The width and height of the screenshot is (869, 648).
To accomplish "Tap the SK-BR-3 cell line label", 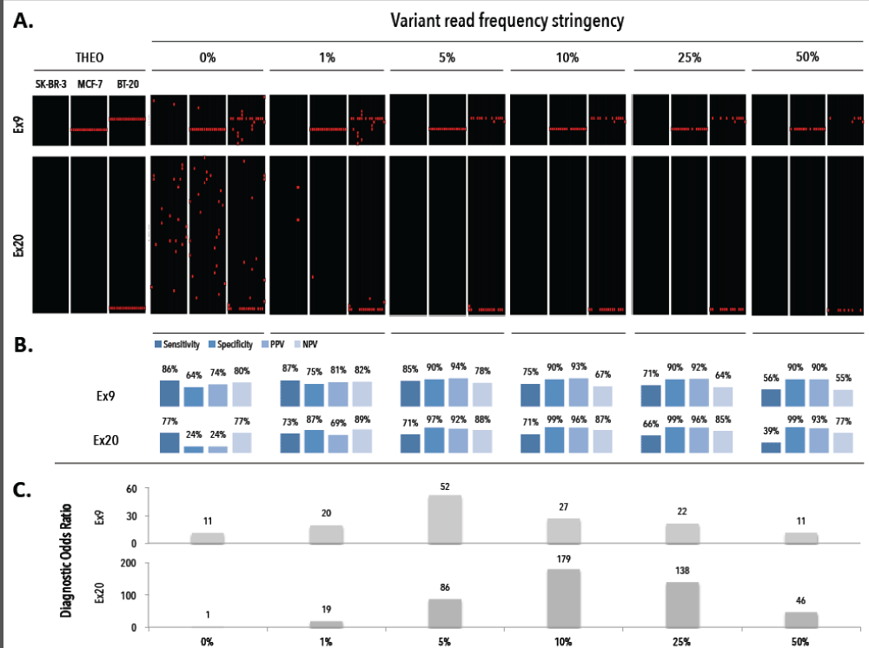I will tap(51, 83).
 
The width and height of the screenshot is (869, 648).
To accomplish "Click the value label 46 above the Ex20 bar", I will tap(800, 600).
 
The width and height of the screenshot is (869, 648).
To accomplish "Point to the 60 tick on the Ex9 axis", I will tap(132, 489).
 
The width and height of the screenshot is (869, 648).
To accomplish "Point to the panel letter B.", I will tap(23, 345).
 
